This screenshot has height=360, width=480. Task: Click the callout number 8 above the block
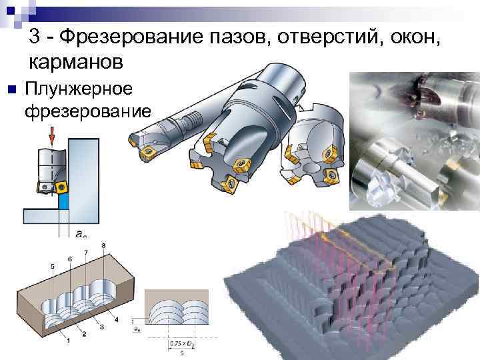[x=103, y=246]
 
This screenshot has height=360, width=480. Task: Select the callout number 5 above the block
[x=52, y=266]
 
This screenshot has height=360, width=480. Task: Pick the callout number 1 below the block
[x=69, y=340]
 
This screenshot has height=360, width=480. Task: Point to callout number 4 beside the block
[x=117, y=321]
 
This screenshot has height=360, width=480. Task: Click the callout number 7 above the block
[x=86, y=251]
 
